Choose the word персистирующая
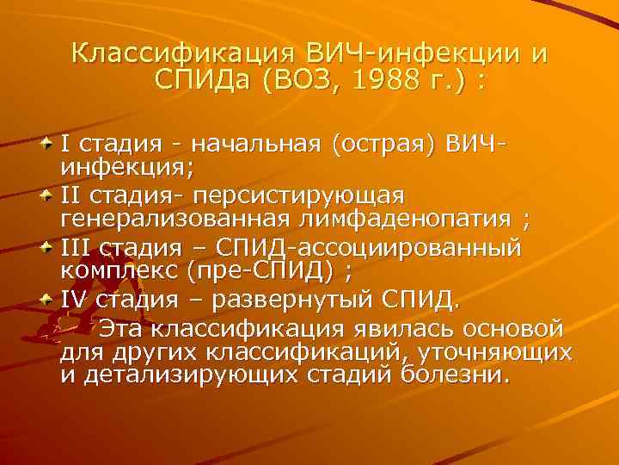click(x=310, y=193)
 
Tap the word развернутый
click(x=291, y=302)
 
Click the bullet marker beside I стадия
click(x=47, y=140)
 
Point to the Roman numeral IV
click(x=72, y=302)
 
